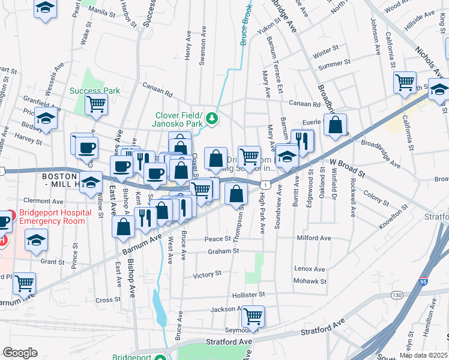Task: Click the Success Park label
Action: (x=94, y=91)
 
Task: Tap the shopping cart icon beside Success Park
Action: (x=97, y=104)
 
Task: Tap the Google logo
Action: (x=20, y=353)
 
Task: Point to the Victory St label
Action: (x=208, y=275)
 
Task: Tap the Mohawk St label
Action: (x=310, y=281)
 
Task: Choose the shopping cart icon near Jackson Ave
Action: (x=253, y=315)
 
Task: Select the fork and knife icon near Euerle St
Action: (x=303, y=140)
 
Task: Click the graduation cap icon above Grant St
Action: (x=36, y=241)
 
